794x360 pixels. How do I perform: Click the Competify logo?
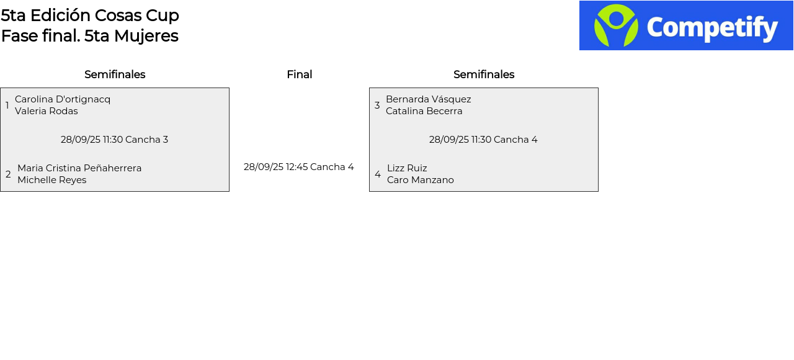(x=686, y=25)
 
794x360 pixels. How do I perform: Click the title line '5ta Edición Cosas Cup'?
(x=90, y=16)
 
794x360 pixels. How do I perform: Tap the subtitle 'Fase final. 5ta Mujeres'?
(x=90, y=36)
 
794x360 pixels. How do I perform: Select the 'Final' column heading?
(x=299, y=74)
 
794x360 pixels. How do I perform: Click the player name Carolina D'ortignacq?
(x=63, y=99)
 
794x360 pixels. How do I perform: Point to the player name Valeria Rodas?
(x=47, y=111)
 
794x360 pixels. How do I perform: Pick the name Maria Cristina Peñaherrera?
(x=79, y=168)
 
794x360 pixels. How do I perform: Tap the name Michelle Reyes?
(x=52, y=180)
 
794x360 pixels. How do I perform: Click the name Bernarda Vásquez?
(x=429, y=99)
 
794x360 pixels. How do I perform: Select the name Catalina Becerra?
(x=424, y=111)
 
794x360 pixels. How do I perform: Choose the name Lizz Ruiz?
(x=407, y=168)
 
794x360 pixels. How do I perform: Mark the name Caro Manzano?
(x=421, y=180)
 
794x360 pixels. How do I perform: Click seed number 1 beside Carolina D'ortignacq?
(x=7, y=106)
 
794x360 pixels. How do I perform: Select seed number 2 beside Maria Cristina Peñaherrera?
(x=8, y=174)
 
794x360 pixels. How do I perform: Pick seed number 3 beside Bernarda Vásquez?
(x=377, y=106)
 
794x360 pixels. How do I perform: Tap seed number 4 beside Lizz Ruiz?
(x=378, y=174)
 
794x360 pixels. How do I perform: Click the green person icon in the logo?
(x=616, y=25)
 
